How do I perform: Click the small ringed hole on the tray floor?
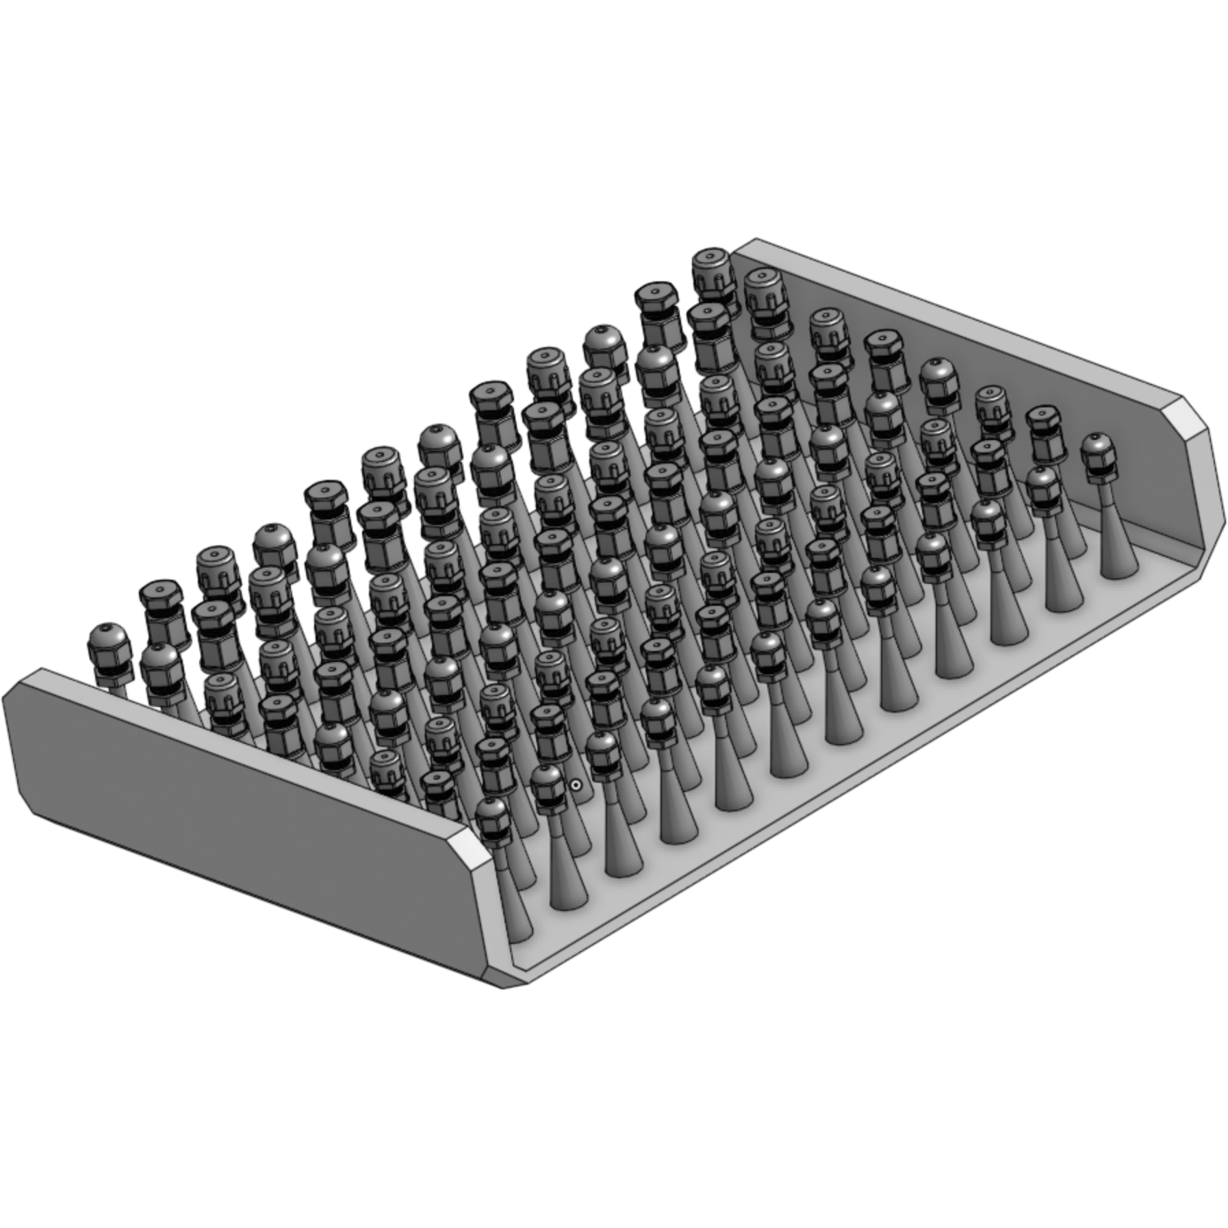coord(576,785)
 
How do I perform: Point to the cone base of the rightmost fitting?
coord(1118,561)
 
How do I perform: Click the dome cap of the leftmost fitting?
coord(108,640)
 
